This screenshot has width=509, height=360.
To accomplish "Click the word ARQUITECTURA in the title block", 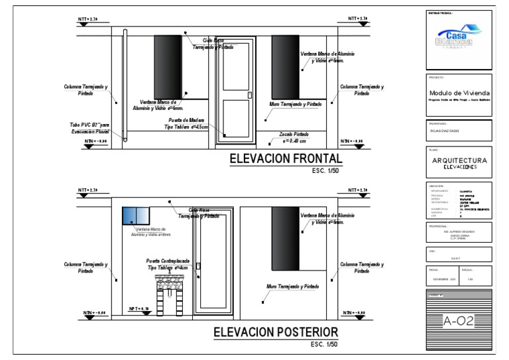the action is (x=459, y=160).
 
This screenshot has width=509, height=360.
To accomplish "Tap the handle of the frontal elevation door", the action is (x=250, y=95).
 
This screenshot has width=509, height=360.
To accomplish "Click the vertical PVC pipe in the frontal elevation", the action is (x=125, y=86).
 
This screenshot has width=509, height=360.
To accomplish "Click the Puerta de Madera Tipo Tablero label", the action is (x=186, y=123).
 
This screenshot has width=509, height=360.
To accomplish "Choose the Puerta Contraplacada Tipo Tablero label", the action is (x=168, y=264).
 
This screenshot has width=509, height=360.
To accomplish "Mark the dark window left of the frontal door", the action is (x=168, y=67).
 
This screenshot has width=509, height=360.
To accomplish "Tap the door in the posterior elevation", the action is (x=212, y=263).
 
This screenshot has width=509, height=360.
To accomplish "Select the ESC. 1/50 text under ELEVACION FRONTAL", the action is (x=325, y=171).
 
